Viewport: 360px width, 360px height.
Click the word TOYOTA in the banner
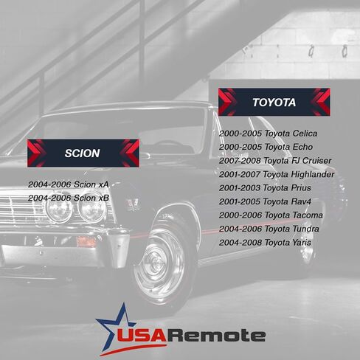coord(274,103)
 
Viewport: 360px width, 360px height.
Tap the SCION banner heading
coord(82,153)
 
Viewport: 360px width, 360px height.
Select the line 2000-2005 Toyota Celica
coord(268,134)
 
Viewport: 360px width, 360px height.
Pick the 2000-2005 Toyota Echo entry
coord(266,147)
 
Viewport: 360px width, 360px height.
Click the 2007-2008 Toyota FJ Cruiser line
coord(275,161)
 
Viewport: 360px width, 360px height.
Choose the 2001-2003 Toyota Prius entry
coord(265,188)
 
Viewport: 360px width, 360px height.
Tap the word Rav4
coord(301,201)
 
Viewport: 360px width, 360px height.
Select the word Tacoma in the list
coord(308,215)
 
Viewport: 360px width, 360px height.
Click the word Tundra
coord(305,229)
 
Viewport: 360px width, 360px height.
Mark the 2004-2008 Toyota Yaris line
coord(265,243)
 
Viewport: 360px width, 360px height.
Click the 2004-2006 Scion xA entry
coord(69,184)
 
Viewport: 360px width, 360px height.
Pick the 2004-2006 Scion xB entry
coord(69,198)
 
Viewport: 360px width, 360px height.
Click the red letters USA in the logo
coord(142,336)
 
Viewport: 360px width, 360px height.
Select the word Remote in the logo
coord(217,336)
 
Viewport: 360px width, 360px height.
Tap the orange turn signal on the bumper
coord(86,241)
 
